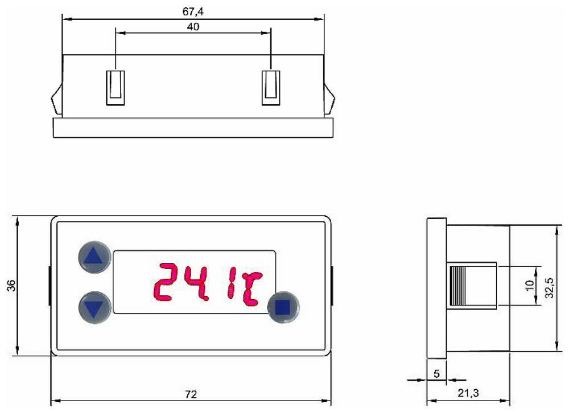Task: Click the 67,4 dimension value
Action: click(193, 11)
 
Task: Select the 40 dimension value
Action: click(193, 27)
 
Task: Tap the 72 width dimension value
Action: click(191, 394)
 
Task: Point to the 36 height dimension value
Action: click(11, 285)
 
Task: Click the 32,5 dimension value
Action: click(550, 287)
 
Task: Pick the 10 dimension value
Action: click(530, 285)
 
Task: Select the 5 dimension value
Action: click(436, 373)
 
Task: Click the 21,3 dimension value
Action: click(468, 393)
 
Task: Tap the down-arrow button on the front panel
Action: click(94, 307)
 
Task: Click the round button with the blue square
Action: click(283, 307)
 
